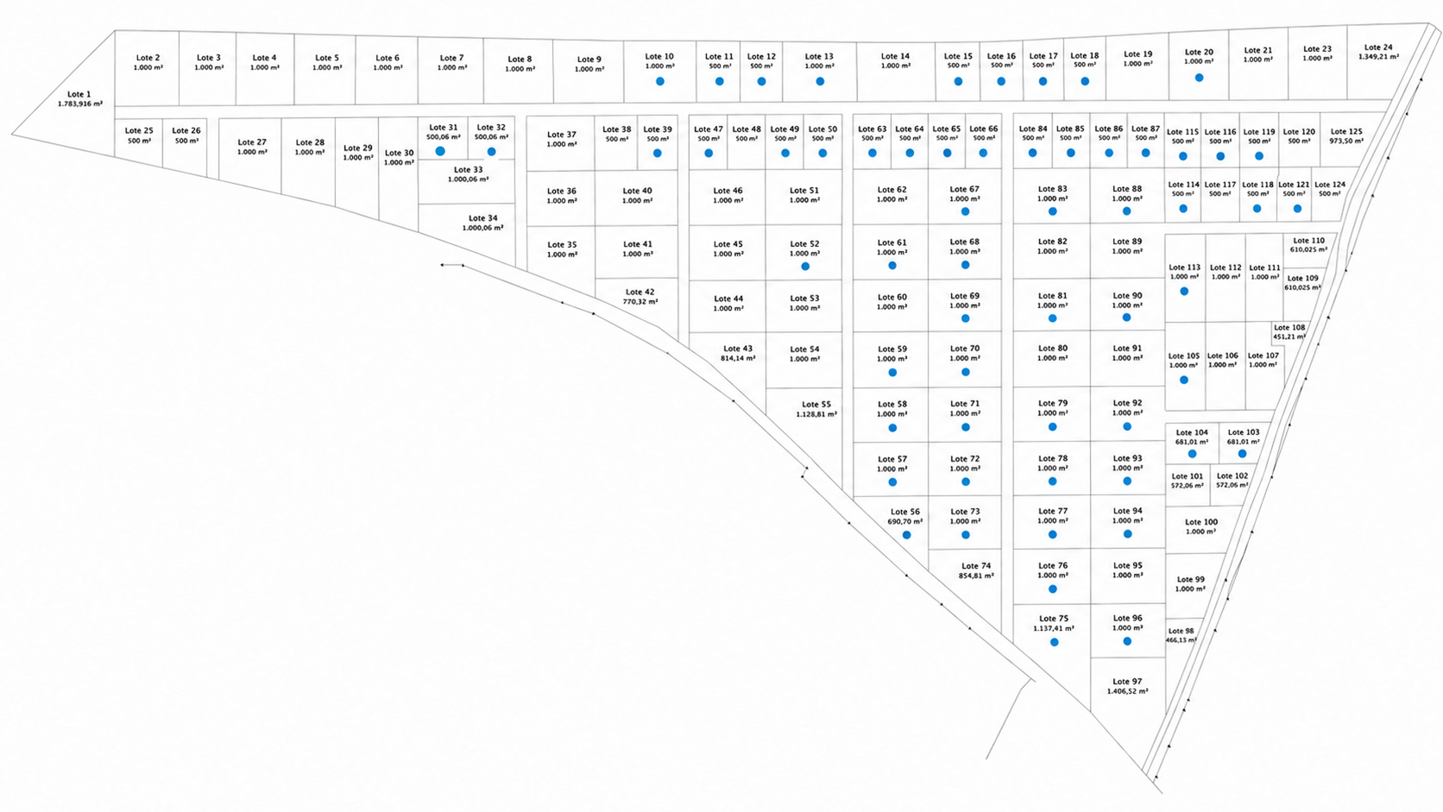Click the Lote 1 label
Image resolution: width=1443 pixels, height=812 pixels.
click(79, 94)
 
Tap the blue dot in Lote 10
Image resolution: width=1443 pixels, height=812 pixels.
click(659, 81)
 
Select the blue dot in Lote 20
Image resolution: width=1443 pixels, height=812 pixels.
click(1199, 78)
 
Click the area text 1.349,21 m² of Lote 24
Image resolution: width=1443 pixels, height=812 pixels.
click(1378, 57)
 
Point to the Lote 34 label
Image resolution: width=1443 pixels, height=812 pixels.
click(483, 218)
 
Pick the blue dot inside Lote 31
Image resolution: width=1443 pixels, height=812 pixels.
click(440, 151)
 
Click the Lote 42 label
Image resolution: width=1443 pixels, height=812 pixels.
click(640, 292)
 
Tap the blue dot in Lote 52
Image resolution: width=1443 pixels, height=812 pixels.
click(805, 266)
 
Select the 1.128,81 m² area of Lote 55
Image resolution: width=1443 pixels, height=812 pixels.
click(816, 414)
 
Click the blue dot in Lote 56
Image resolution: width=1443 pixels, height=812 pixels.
click(906, 535)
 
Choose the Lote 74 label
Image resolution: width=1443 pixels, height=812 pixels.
click(977, 566)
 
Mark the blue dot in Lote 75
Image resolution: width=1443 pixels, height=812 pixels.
click(1054, 642)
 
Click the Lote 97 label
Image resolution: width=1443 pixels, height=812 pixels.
click(1127, 682)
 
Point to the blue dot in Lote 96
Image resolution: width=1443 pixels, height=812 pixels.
click(1127, 641)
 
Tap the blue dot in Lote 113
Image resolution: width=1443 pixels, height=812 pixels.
click(1184, 291)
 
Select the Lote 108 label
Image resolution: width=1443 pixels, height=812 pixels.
click(1289, 327)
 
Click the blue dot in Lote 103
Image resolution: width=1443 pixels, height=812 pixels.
click(1242, 453)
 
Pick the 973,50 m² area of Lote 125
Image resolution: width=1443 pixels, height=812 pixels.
click(1346, 141)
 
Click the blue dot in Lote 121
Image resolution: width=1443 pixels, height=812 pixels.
click(1297, 209)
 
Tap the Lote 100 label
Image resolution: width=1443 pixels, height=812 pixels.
click(1201, 522)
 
